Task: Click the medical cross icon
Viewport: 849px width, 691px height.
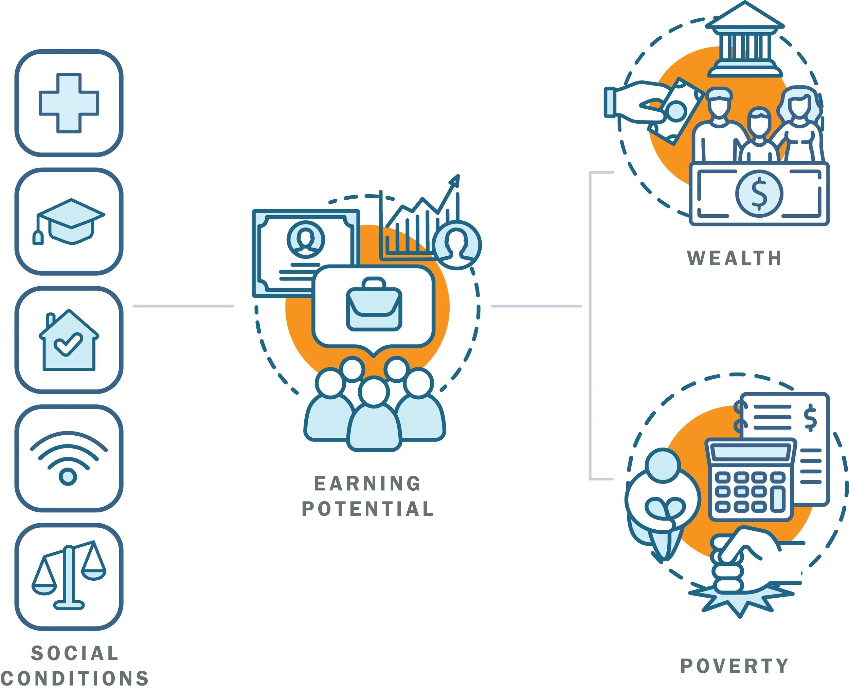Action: point(69,103)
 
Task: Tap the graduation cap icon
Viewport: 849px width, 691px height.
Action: point(71,221)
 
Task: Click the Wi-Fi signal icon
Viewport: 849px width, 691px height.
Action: point(69,458)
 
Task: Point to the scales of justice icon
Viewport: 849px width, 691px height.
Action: point(69,576)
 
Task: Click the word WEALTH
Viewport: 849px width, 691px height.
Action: point(734,258)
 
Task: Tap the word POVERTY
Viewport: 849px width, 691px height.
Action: point(734,666)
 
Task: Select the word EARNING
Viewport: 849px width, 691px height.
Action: point(367,484)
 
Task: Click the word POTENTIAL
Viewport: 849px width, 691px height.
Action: point(367,509)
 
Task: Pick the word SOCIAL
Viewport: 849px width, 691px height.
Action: point(75,653)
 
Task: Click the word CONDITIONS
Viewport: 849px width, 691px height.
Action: point(75,678)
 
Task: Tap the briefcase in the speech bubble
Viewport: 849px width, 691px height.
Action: point(374,305)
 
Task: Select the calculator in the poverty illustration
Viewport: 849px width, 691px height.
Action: point(750,480)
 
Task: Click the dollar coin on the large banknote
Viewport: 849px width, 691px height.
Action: point(759,194)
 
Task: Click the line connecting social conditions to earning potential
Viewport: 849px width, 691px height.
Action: point(183,306)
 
